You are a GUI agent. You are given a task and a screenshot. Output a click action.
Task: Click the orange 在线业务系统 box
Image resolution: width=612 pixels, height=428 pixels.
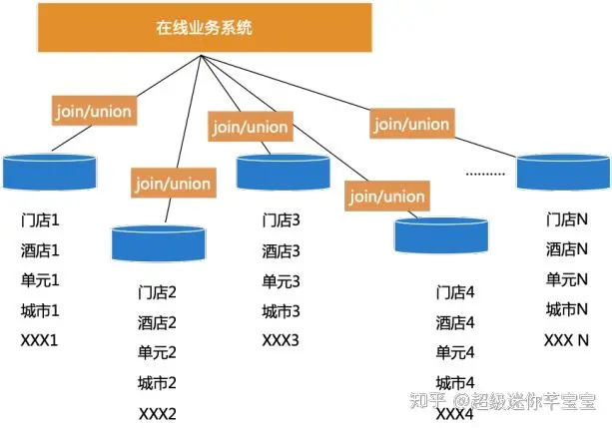[x=204, y=27]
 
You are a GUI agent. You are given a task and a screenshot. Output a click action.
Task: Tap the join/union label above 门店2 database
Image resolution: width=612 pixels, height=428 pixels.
[x=173, y=183]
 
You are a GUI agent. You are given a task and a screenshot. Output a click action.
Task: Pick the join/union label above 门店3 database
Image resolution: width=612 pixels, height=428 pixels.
[x=250, y=128]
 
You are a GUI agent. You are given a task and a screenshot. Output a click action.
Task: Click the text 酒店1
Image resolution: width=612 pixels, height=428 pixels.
[x=41, y=250]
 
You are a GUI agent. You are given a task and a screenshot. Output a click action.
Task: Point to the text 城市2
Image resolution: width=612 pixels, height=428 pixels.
[x=157, y=383]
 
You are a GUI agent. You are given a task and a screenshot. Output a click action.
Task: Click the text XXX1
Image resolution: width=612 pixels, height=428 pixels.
[x=40, y=340]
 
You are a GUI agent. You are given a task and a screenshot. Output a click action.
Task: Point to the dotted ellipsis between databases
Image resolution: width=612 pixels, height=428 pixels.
[x=486, y=173]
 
